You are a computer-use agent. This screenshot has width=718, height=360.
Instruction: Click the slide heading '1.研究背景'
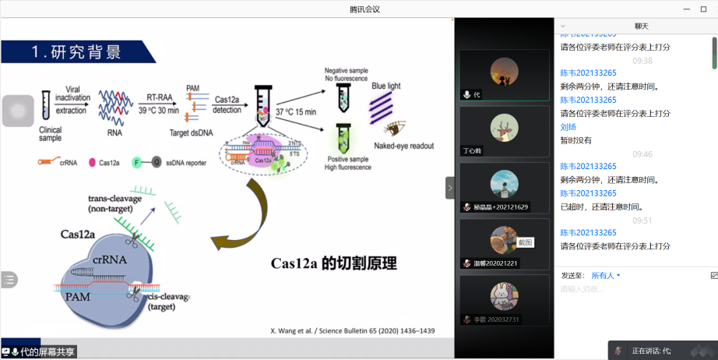[x=76, y=52]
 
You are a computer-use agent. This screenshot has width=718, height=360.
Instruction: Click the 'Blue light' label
[x=387, y=86]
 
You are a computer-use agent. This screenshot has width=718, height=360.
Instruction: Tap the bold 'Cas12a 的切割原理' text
[x=334, y=263]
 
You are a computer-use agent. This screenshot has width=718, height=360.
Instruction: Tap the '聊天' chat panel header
[x=642, y=26]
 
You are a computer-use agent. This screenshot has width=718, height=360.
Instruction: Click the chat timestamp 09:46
[x=642, y=154]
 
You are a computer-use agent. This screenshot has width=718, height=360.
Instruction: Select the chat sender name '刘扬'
[x=568, y=126]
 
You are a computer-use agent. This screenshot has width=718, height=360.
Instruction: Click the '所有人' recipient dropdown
[x=606, y=275]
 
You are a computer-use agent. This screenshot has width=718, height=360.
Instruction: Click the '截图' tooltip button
[x=526, y=242]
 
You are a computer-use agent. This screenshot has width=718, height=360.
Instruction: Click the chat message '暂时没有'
[x=576, y=140]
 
